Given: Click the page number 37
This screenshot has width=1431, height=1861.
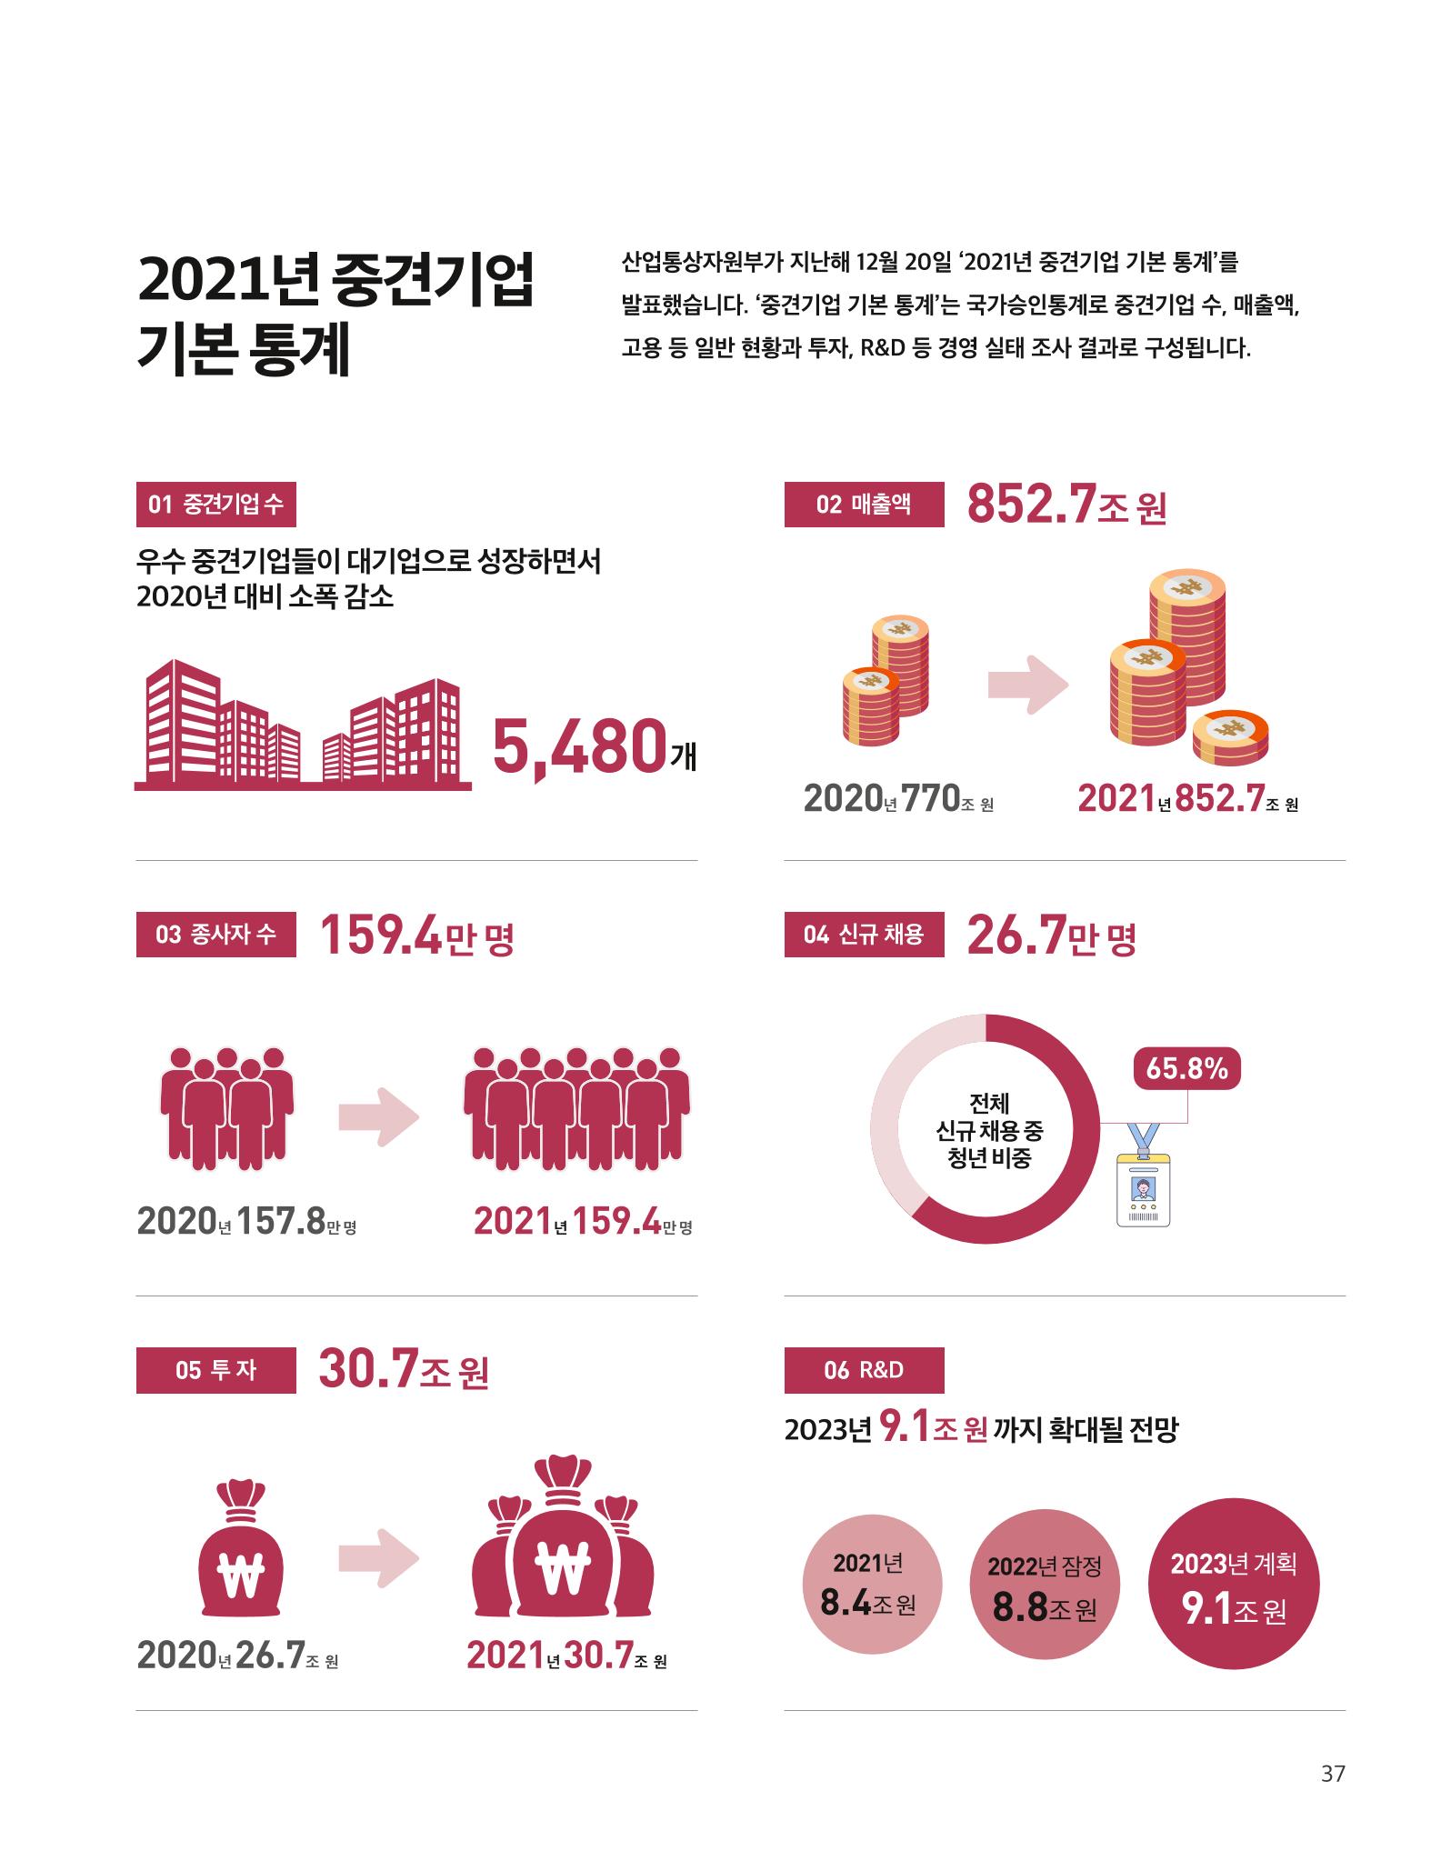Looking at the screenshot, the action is [x=1332, y=1798].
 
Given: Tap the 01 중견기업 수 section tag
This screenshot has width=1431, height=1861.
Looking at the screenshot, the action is [x=215, y=504].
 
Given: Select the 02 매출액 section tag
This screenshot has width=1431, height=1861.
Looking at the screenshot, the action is [x=864, y=504].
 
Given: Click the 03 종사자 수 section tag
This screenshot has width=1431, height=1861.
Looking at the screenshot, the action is [x=215, y=934].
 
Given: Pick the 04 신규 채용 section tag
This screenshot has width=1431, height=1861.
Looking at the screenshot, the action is [x=864, y=934].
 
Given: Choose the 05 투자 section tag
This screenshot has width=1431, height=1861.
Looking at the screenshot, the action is [x=215, y=1370].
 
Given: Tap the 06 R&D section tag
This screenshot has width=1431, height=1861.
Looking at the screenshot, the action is [x=864, y=1370].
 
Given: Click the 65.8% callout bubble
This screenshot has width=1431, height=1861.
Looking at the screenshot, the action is [x=1186, y=1069].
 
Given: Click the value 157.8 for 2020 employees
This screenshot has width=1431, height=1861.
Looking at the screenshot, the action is [x=281, y=1222].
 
